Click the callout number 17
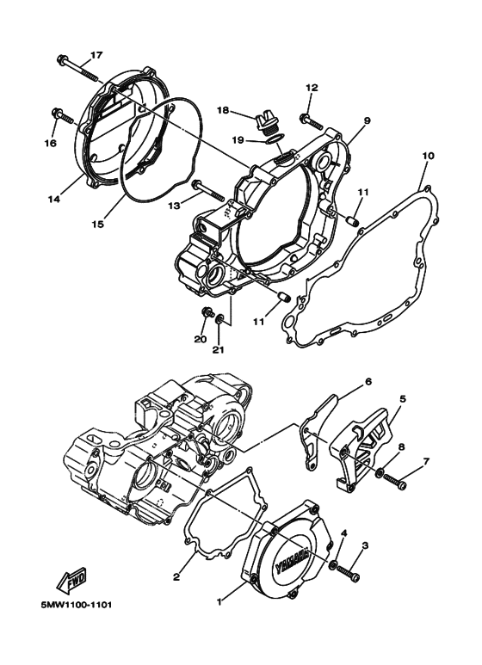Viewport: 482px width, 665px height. tap(96, 55)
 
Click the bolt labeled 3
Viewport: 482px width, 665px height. tap(347, 569)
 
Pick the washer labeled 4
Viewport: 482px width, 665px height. tap(333, 566)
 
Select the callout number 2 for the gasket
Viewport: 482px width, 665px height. tap(176, 576)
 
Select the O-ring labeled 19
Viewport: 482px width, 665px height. tap(269, 134)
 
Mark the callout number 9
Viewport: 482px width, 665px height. tap(366, 121)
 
